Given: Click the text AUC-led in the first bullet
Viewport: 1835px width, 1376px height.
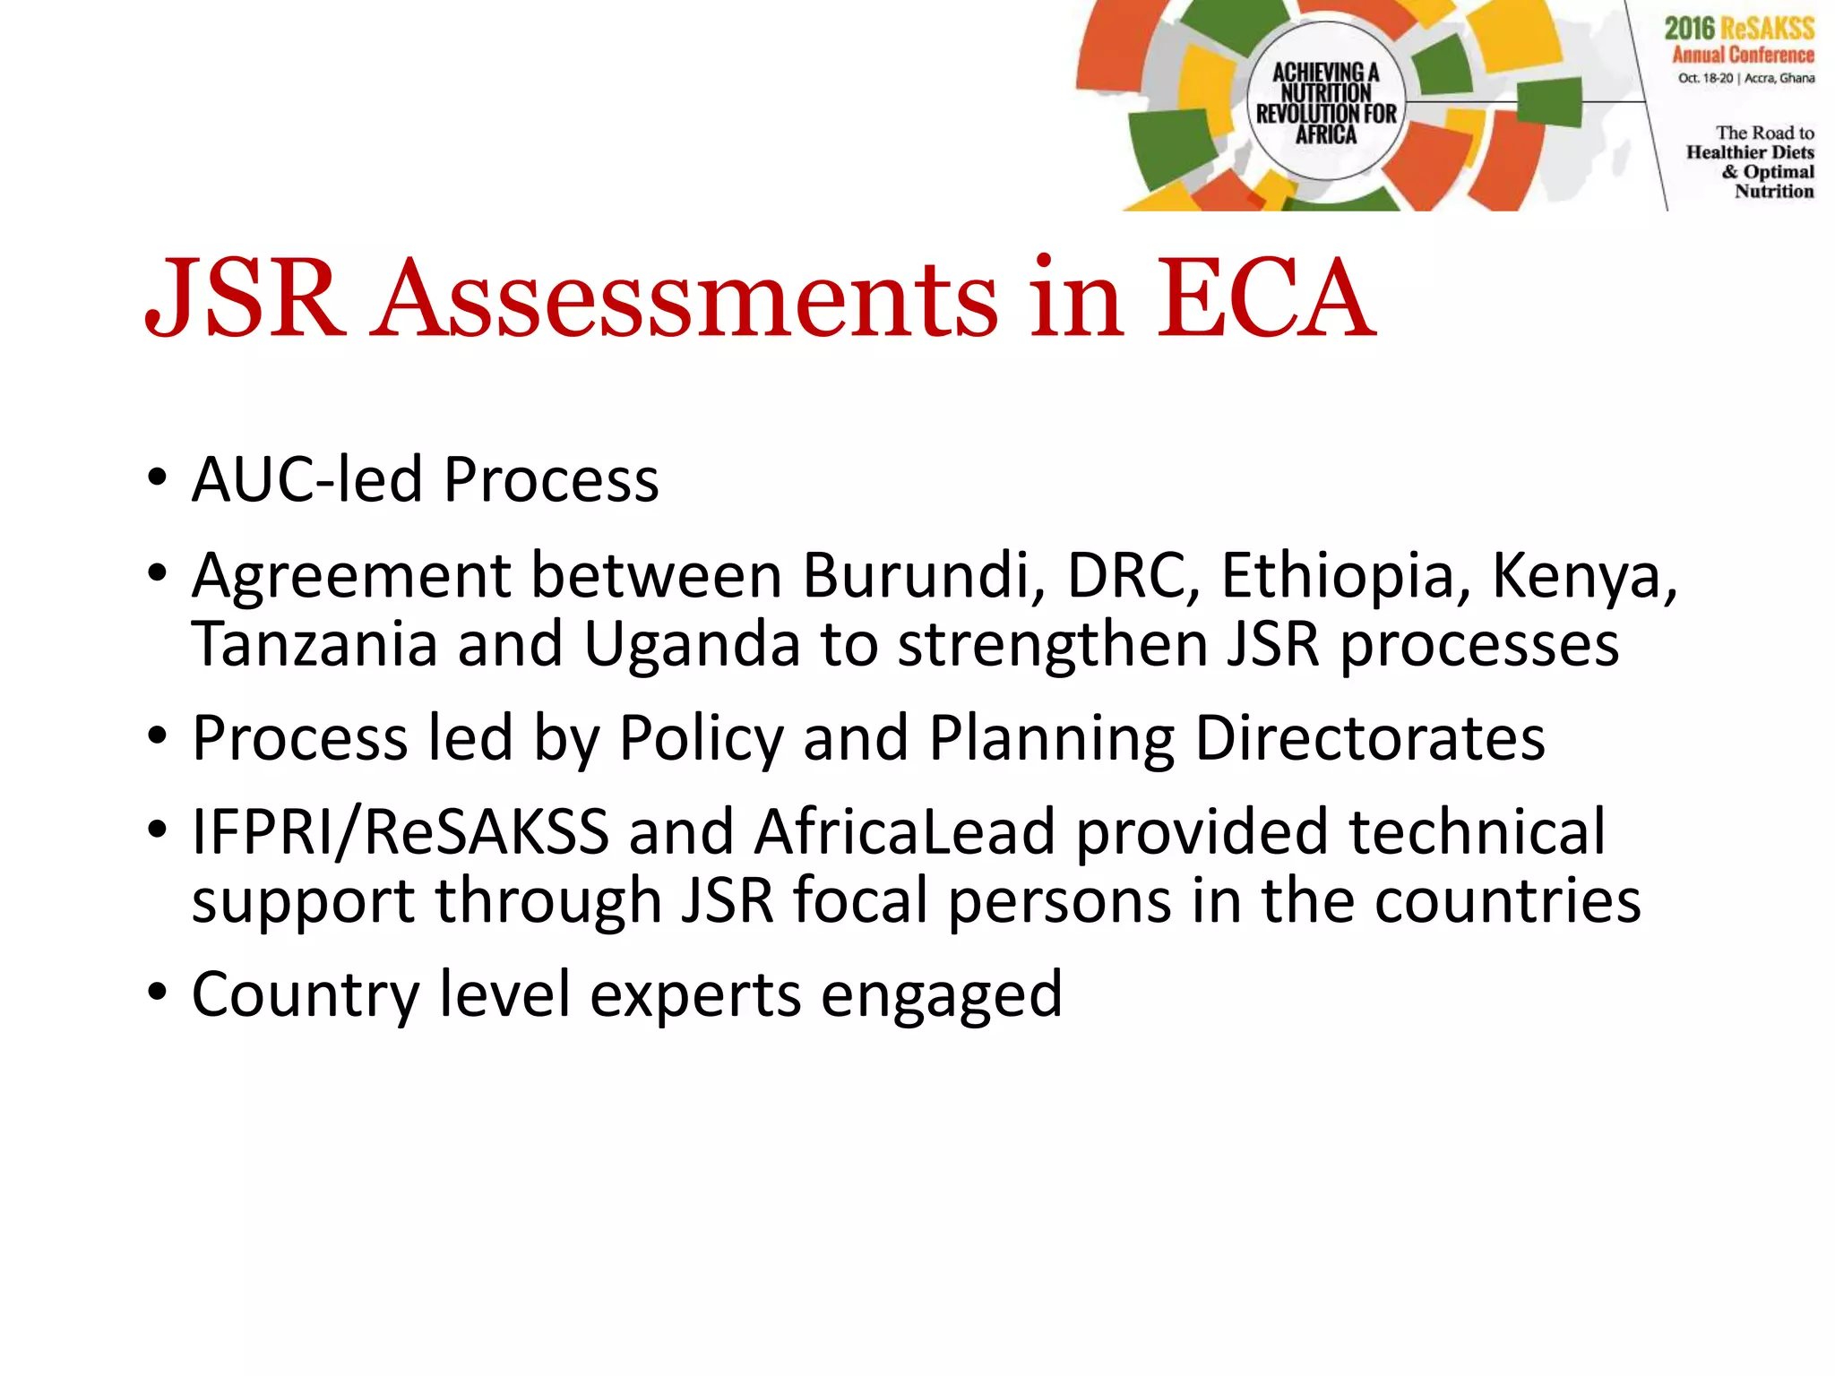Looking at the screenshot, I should tap(307, 480).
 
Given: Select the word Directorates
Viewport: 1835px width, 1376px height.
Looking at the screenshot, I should tap(1370, 738).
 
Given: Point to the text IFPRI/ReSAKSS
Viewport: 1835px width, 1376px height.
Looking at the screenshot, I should tap(400, 832).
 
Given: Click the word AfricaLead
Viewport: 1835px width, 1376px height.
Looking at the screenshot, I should tap(904, 832).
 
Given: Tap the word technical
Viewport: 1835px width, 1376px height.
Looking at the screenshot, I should tap(1477, 832).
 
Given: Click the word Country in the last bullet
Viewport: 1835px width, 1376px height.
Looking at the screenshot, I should tap(305, 994).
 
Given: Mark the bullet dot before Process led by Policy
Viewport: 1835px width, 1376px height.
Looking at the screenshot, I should tap(158, 736).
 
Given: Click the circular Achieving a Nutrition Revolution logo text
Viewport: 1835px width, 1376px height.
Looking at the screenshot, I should tap(1326, 103).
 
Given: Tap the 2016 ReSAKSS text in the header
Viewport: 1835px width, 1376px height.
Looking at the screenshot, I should tap(1739, 28).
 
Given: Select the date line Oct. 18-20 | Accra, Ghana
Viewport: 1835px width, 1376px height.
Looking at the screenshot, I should tap(1745, 78).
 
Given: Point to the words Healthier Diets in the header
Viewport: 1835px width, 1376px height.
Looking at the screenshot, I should tap(1750, 152).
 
